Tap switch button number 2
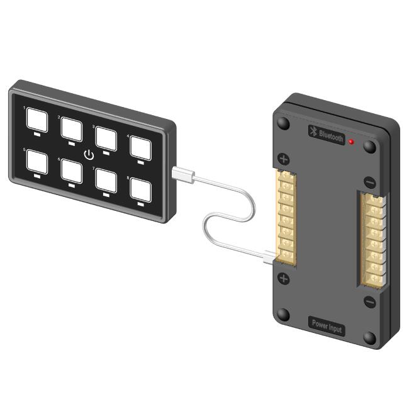[x=72, y=129]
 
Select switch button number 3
[x=106, y=138]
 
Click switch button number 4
[x=140, y=148]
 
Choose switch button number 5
[x=37, y=162]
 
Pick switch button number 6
[x=72, y=171]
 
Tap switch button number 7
[x=106, y=181]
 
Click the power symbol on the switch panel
[x=89, y=155]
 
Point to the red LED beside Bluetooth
[x=351, y=142]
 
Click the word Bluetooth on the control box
[x=331, y=136]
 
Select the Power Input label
[x=327, y=326]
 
